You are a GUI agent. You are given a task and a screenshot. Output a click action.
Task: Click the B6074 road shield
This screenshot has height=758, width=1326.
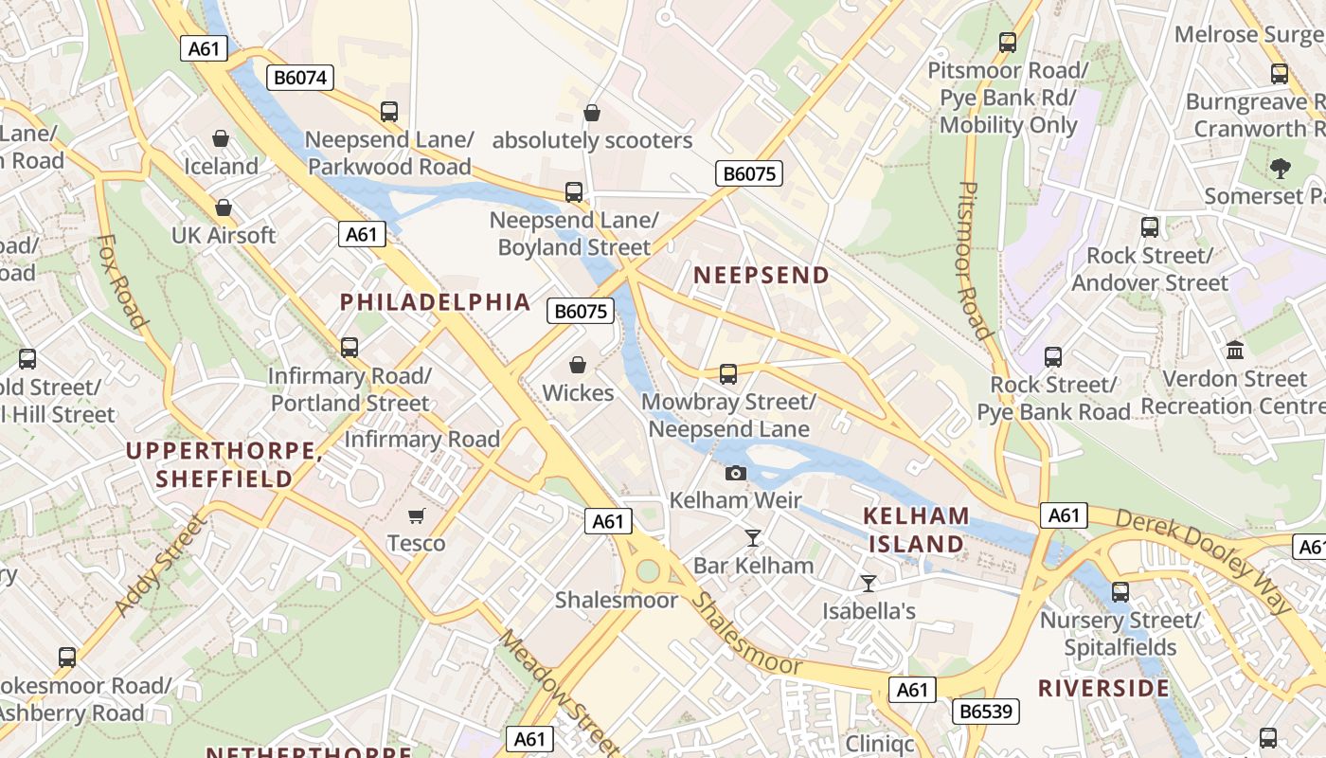301,78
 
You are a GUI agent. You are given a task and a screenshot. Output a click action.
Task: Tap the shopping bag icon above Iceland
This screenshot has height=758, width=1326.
221,139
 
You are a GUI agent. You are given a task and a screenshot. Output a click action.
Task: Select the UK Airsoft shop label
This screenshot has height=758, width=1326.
224,235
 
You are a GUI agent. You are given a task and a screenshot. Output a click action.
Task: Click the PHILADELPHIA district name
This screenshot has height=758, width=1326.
436,302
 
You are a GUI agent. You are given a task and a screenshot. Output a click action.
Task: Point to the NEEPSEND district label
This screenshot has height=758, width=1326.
762,275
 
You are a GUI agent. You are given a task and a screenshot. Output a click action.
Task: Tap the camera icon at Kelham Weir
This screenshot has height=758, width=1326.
736,473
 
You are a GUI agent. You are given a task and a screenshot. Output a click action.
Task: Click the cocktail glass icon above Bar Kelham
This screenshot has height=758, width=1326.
753,538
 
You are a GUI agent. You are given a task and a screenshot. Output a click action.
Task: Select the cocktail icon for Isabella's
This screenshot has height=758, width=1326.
869,584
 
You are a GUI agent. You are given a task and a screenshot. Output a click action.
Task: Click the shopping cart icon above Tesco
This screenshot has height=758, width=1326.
416,515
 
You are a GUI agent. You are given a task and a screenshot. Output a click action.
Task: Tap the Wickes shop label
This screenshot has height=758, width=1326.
578,392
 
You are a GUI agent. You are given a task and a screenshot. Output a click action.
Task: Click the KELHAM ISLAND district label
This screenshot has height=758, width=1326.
916,530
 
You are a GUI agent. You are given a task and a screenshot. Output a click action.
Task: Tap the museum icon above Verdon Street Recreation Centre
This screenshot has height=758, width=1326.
1235,351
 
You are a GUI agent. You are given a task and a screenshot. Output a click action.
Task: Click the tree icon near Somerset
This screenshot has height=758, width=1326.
1281,169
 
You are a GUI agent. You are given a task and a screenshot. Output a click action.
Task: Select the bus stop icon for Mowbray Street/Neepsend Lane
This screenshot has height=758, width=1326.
727,374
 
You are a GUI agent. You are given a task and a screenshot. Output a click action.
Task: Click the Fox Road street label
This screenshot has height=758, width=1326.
122,280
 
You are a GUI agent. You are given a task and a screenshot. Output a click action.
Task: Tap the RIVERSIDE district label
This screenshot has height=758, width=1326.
1103,688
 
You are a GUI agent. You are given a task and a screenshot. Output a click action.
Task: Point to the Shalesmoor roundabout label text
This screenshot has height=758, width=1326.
616,600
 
